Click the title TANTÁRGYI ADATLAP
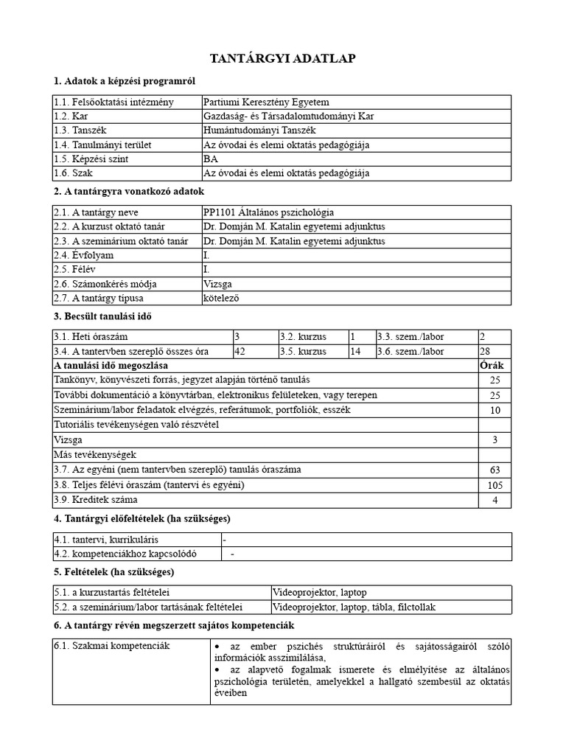point(283,58)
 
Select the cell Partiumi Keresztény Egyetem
point(266,102)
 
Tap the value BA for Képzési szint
point(210,159)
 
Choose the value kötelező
point(222,298)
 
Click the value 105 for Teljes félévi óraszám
point(495,485)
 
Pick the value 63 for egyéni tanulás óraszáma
point(495,470)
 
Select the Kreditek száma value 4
point(495,500)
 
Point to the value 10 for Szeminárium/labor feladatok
point(495,410)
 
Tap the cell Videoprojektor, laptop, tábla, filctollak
point(354,607)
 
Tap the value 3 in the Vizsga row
point(495,440)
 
